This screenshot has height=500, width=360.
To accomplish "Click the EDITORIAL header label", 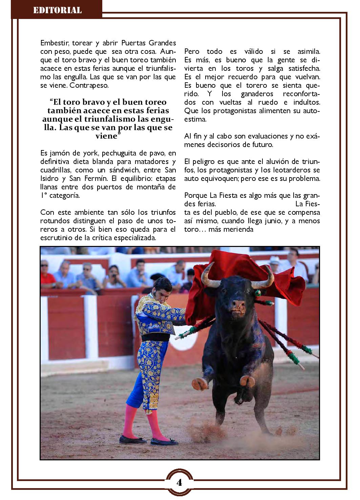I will tap(57, 10).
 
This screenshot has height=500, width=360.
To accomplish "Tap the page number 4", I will tap(179, 482).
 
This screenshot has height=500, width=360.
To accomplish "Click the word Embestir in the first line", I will tap(54, 43).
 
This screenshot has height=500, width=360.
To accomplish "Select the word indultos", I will tap(307, 102).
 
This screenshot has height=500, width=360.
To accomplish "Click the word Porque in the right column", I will tap(196, 195).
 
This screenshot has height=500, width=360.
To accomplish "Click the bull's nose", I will tap(239, 305).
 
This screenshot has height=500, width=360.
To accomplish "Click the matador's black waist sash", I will tap(155, 338).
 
